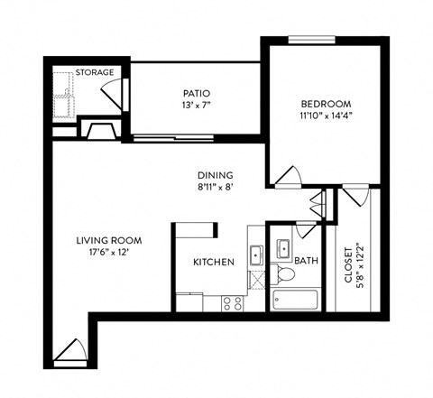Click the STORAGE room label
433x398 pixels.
click(x=94, y=72)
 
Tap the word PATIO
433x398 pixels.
click(x=197, y=92)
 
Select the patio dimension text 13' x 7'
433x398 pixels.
click(x=197, y=105)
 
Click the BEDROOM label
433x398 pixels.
click(x=326, y=104)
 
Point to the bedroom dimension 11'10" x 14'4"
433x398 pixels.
click(x=326, y=116)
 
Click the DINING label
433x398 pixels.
click(x=216, y=175)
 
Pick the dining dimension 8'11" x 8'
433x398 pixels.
click(x=216, y=188)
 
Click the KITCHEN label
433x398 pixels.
click(x=214, y=262)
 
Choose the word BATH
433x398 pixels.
click(x=307, y=262)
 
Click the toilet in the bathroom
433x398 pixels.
click(x=283, y=272)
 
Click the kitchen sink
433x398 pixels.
click(x=255, y=252)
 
